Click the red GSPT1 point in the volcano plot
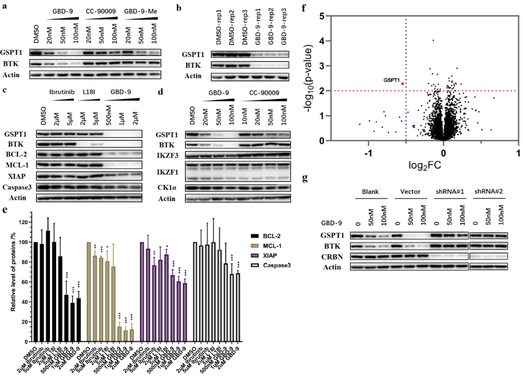402,84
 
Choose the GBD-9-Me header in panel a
140,11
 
